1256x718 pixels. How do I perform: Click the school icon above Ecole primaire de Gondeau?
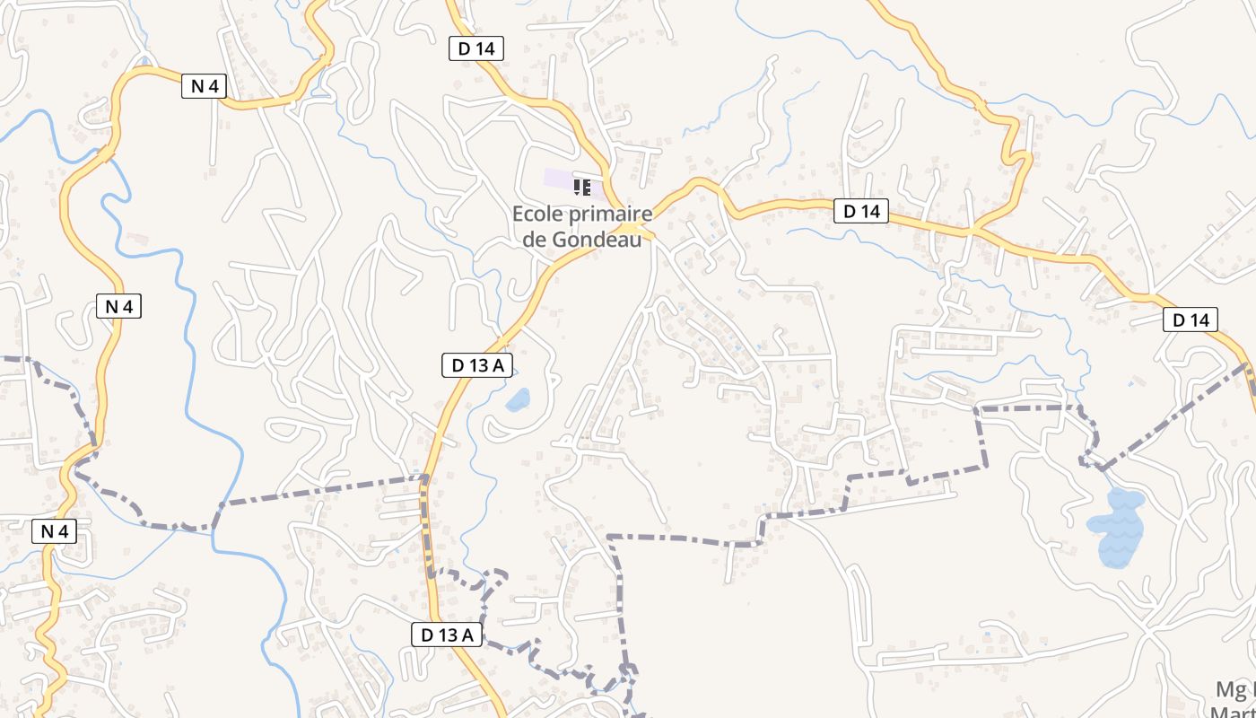pos(581,188)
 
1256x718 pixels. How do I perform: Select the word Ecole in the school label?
pos(536,215)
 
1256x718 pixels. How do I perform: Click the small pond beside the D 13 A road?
pos(518,399)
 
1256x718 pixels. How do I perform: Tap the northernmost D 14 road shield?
pos(475,48)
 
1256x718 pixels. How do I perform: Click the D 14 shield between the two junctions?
pos(860,212)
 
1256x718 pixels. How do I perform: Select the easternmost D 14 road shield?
pos(1191,320)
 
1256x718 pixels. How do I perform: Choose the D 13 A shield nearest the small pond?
pos(477,365)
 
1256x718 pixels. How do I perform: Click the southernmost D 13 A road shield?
pos(447,635)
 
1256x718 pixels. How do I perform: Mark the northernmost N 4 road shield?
pos(205,86)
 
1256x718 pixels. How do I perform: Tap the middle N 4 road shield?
pos(118,306)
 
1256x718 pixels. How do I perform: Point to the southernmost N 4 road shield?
pos(54,531)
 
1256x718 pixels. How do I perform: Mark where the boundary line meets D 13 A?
pos(425,477)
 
